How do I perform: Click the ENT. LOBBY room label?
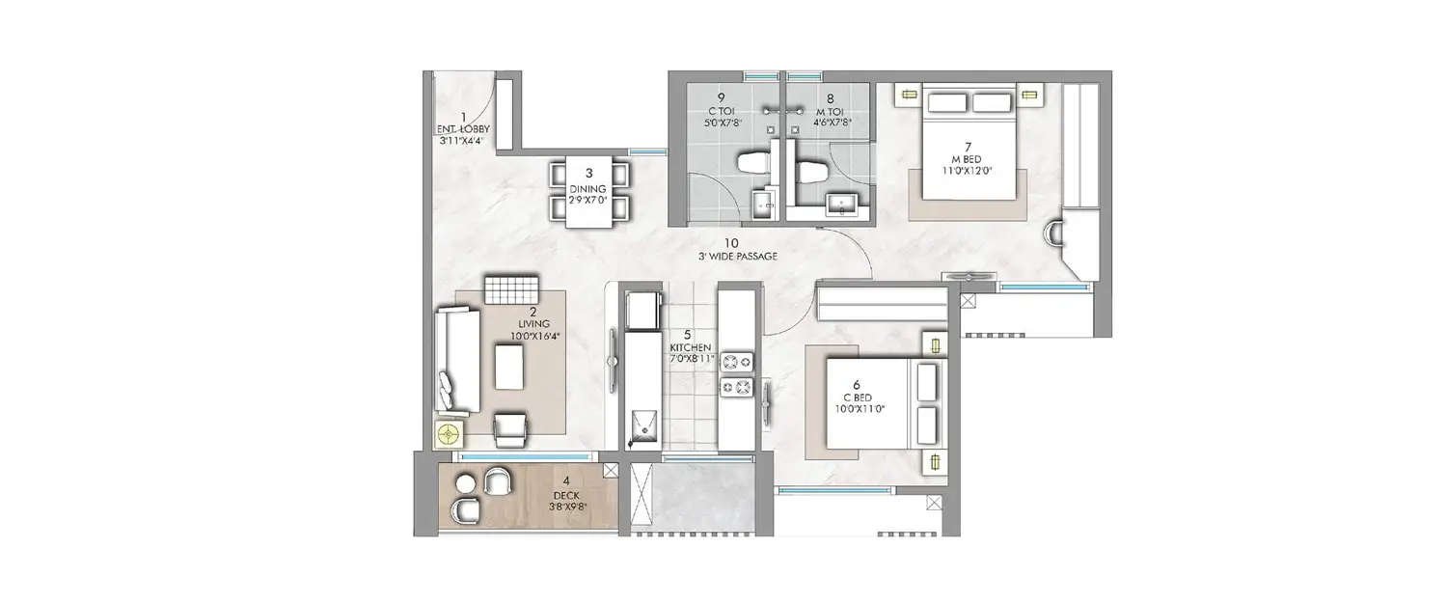[x=463, y=128]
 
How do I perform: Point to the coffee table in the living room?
[x=512, y=368]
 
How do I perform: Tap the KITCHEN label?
[x=691, y=346]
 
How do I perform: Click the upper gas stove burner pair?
[x=737, y=363]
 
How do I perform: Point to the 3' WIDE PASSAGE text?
[x=737, y=257]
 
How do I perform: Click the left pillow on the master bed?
[x=945, y=102]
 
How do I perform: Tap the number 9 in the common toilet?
[x=721, y=97]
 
